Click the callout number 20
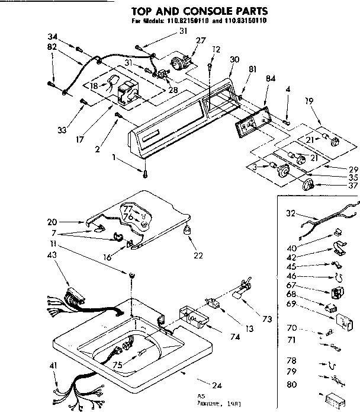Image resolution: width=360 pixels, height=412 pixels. [x=52, y=222]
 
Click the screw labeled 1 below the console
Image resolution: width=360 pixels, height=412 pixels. [x=145, y=172]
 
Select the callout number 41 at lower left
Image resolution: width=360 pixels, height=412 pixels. [x=53, y=366]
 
